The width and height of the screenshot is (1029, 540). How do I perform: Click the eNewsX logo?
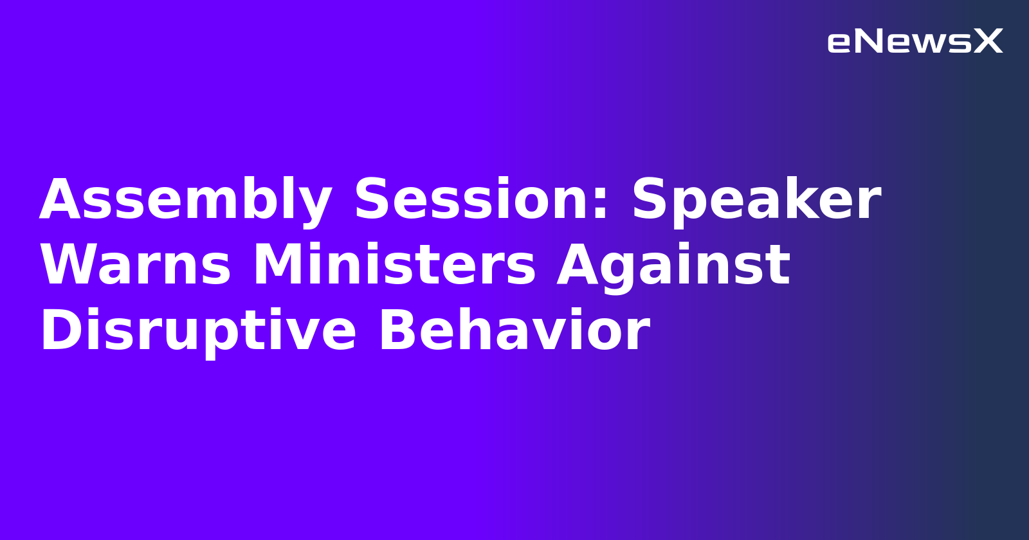(915, 42)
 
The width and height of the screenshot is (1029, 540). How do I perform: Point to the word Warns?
(136, 266)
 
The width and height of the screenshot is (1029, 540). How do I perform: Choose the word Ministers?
(394, 266)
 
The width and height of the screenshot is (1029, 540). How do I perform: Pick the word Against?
(673, 266)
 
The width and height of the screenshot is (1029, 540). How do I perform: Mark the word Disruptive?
(198, 332)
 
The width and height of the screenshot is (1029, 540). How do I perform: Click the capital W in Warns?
(69, 266)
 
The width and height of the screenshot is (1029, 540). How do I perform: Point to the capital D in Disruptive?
(60, 332)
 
